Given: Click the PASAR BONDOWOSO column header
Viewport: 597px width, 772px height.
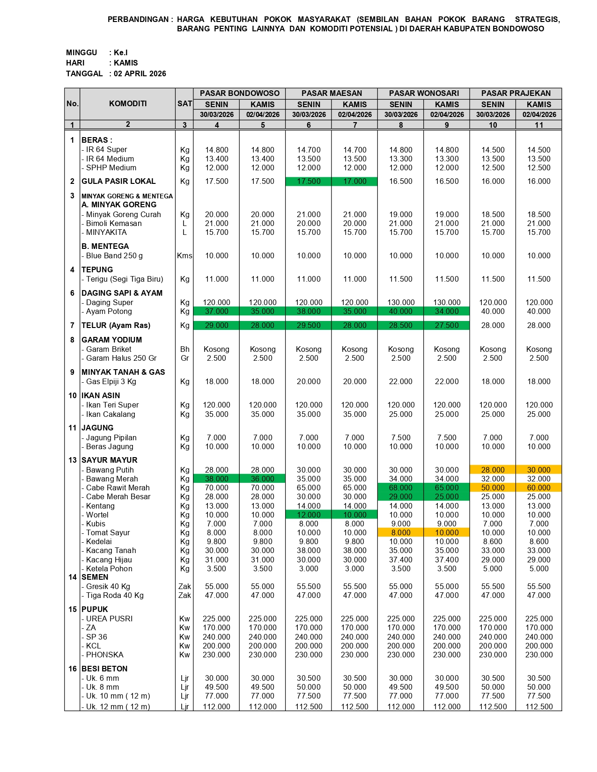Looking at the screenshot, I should pyautogui.click(x=239, y=93).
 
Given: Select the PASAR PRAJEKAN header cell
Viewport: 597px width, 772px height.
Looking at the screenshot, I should pyautogui.click(x=516, y=93).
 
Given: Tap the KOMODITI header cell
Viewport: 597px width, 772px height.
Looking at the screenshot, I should pyautogui.click(x=128, y=103).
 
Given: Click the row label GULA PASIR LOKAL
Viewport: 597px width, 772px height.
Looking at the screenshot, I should pyautogui.click(x=118, y=181).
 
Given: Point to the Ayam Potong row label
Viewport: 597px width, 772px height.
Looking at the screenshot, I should pyautogui.click(x=109, y=312).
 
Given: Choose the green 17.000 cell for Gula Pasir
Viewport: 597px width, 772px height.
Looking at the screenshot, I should pyautogui.click(x=354, y=182).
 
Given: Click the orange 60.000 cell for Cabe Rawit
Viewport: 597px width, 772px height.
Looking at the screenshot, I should pyautogui.click(x=538, y=488).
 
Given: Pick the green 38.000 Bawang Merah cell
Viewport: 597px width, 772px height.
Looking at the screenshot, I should pyautogui.click(x=216, y=479).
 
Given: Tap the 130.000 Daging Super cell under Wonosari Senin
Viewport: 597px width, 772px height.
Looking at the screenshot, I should pyautogui.click(x=401, y=303).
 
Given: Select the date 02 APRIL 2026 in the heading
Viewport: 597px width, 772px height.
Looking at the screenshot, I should pyautogui.click(x=140, y=73).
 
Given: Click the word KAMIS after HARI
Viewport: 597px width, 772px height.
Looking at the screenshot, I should pyautogui.click(x=126, y=63).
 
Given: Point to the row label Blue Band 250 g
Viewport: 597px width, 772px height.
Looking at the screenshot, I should pyautogui.click(x=114, y=256).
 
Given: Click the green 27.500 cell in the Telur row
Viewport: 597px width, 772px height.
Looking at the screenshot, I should pyautogui.click(x=447, y=326).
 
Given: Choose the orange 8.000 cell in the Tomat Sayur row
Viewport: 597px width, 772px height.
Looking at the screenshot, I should pyautogui.click(x=401, y=533).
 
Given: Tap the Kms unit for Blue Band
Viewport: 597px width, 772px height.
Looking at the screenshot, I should pyautogui.click(x=184, y=256).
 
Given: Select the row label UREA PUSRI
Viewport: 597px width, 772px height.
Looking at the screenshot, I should pyautogui.click(x=109, y=619).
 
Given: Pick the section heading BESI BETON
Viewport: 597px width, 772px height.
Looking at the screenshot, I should pyautogui.click(x=104, y=669).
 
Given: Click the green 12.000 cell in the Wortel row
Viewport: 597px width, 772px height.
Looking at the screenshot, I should pyautogui.click(x=309, y=515).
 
